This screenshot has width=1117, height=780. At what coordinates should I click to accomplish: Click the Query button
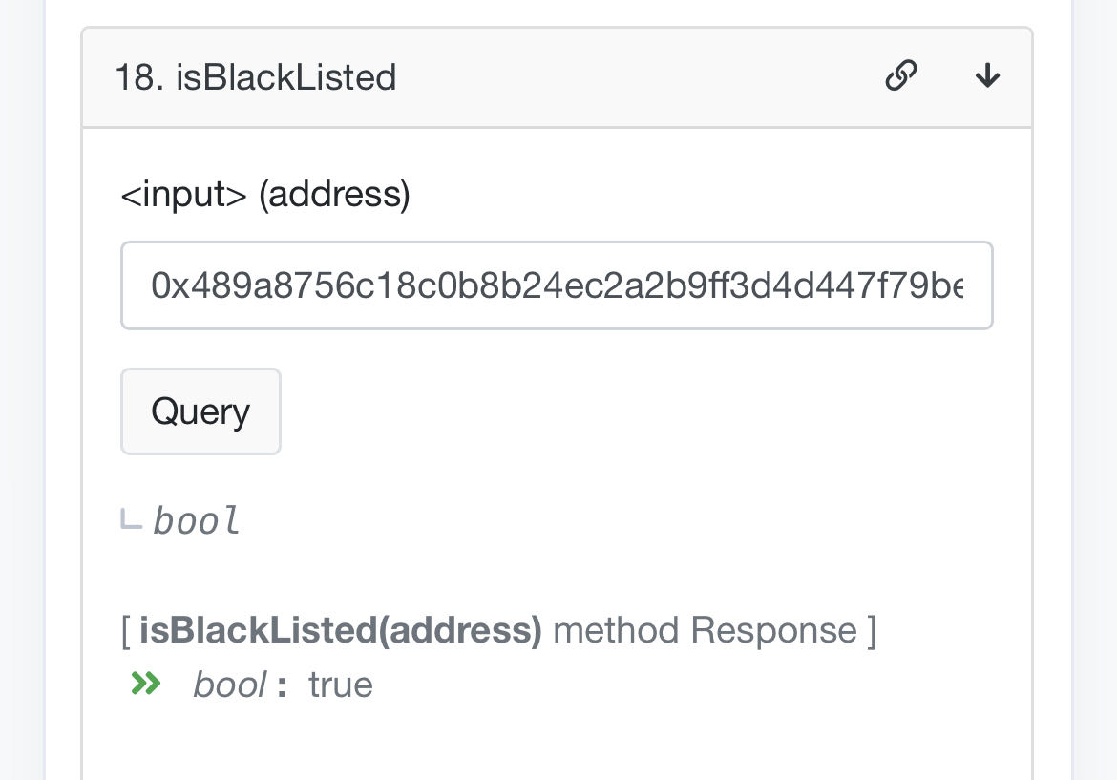click(x=200, y=411)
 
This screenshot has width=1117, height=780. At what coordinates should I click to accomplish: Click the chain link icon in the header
click(x=901, y=74)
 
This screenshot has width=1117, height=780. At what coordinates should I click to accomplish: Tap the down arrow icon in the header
click(x=987, y=74)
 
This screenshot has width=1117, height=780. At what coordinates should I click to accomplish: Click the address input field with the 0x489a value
click(x=557, y=285)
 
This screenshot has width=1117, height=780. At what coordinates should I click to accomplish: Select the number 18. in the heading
click(x=139, y=76)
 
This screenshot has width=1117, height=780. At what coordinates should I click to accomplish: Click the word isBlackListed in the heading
click(x=285, y=76)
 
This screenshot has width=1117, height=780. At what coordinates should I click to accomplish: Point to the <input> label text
click(x=184, y=194)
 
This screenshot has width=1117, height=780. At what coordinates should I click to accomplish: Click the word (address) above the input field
click(x=334, y=194)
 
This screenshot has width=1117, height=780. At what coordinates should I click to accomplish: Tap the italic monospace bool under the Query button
click(x=197, y=521)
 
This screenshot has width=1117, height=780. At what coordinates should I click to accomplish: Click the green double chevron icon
click(x=146, y=684)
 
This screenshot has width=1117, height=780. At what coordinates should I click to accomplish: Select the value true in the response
click(x=341, y=685)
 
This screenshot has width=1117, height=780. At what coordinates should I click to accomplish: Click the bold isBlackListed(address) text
click(x=341, y=630)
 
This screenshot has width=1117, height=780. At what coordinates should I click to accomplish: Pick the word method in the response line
click(x=616, y=630)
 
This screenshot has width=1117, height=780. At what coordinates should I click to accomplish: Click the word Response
click(x=773, y=630)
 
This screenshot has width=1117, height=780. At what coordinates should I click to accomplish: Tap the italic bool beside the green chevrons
click(x=229, y=685)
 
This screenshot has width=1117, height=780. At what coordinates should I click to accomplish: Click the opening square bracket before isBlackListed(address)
click(x=126, y=630)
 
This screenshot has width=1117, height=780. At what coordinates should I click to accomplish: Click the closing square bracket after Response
click(x=871, y=630)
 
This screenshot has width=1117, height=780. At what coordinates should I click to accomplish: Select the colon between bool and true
click(x=282, y=685)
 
